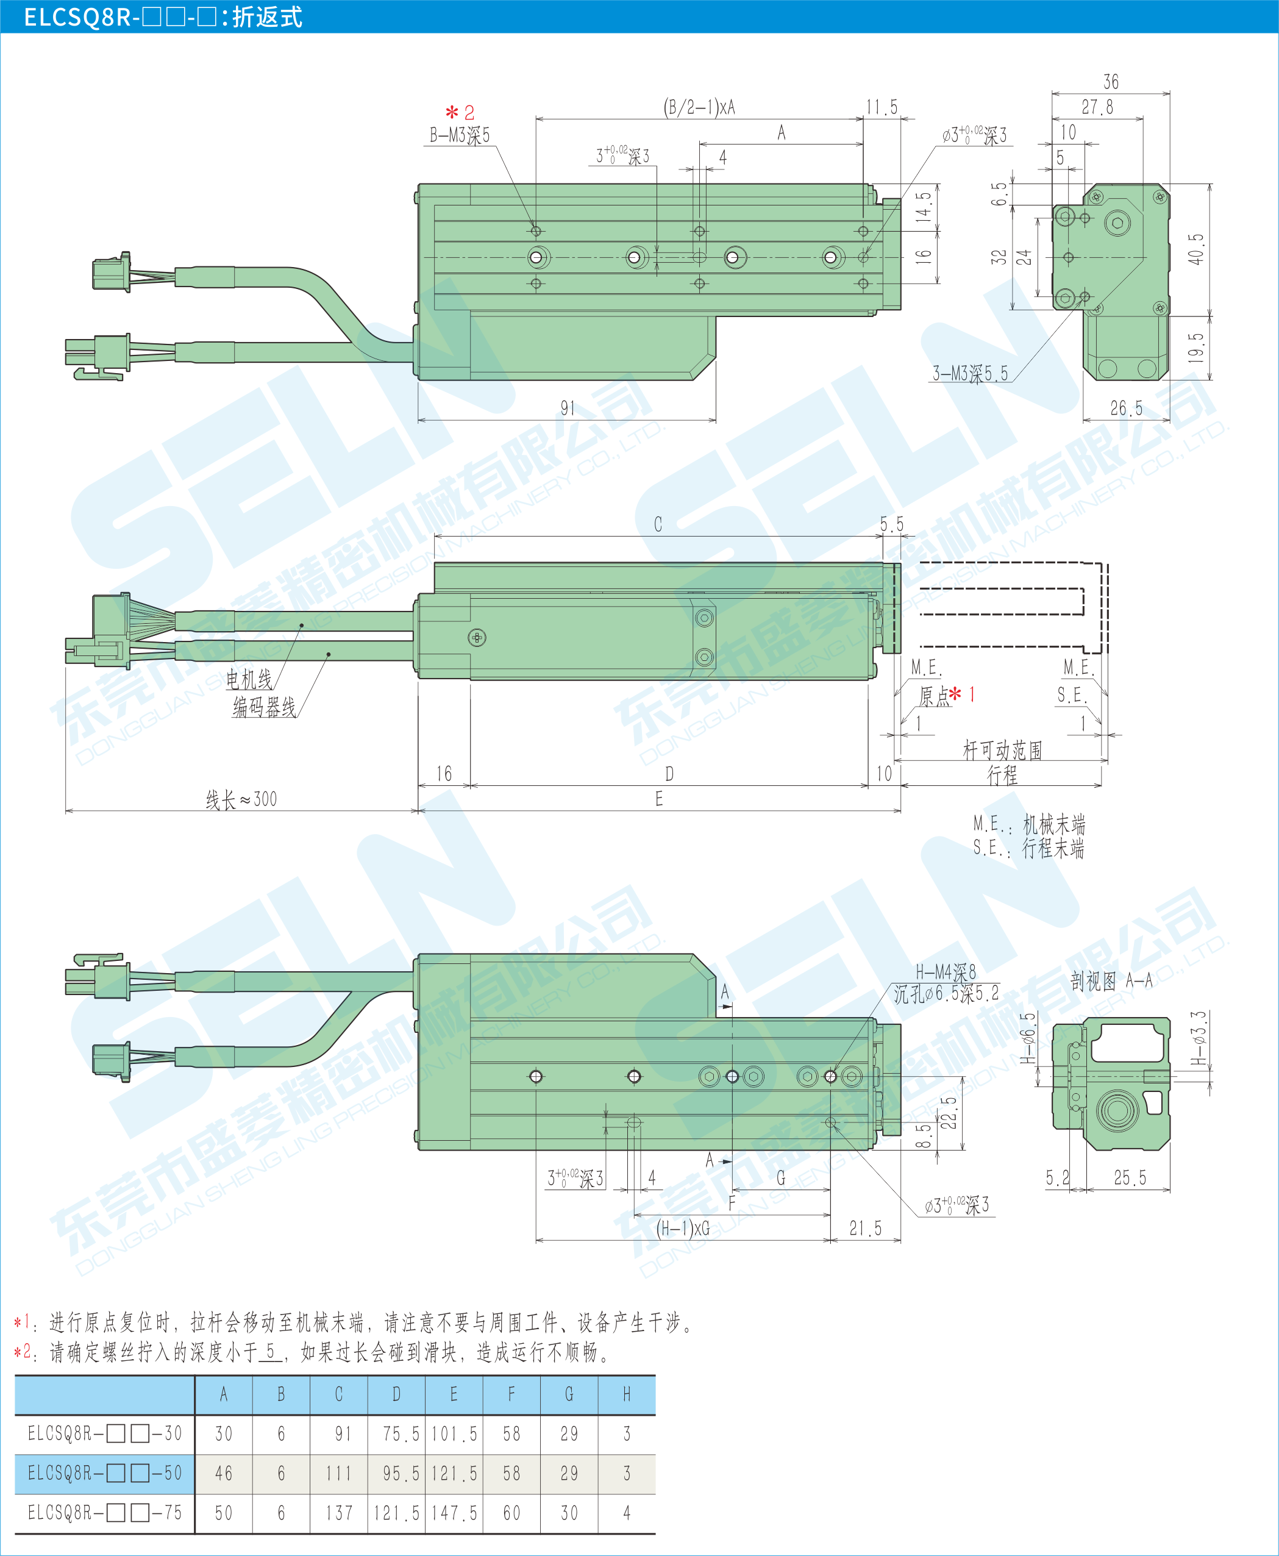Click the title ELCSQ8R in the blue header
point(78,16)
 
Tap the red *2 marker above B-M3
point(460,113)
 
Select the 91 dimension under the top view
point(568,408)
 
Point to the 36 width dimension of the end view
point(1111,82)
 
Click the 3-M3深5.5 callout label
point(971,374)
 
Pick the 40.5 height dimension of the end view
point(1197,250)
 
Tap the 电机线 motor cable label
point(249,679)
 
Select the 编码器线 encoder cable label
point(265,707)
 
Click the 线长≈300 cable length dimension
point(241,799)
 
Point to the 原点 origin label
point(935,696)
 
